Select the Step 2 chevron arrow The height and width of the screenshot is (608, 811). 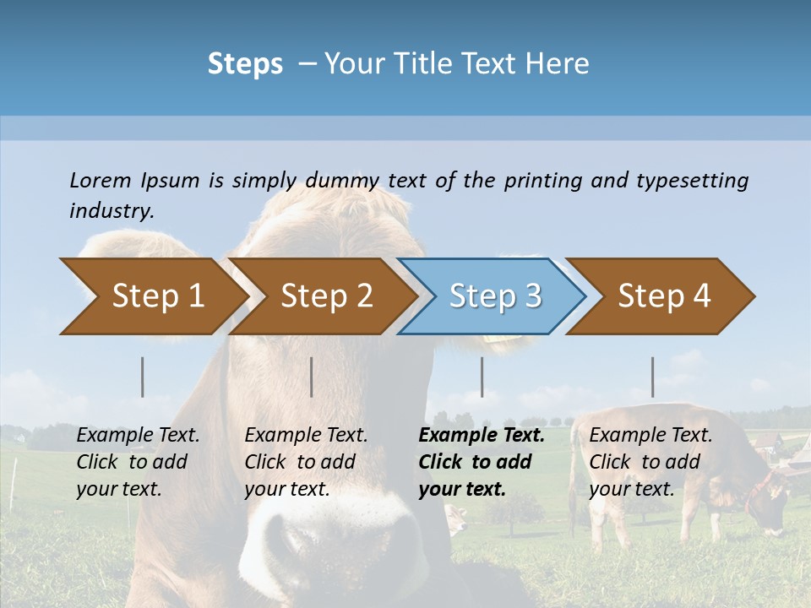323,296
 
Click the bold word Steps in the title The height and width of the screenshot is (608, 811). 245,63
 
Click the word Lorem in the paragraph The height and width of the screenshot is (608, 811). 100,180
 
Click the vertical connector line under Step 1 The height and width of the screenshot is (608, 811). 143,377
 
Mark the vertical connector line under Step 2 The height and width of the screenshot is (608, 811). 312,377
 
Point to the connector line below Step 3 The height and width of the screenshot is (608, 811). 482,377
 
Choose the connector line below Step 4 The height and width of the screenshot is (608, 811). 652,377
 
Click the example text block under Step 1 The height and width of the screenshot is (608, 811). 138,462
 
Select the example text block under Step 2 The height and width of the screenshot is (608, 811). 306,462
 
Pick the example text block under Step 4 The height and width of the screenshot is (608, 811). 650,462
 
